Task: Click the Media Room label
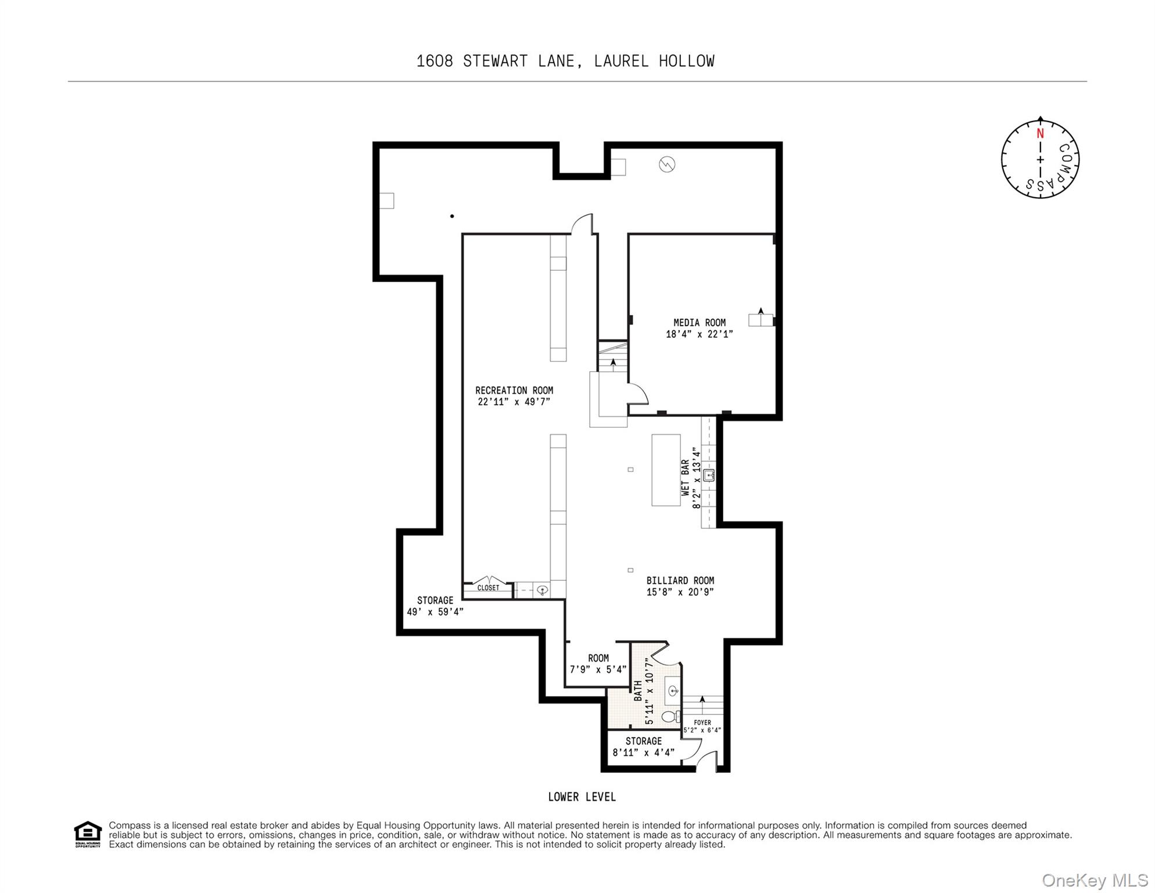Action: [x=699, y=323]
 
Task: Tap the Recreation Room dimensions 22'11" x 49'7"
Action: [x=514, y=402]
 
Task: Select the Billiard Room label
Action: [x=680, y=580]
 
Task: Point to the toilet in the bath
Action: [x=670, y=716]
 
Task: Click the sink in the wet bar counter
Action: [x=708, y=476]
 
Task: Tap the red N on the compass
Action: [x=1040, y=134]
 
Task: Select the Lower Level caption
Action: [x=582, y=797]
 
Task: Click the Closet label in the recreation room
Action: [x=488, y=588]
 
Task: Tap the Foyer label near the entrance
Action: [x=702, y=723]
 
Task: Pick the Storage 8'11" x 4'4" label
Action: [x=643, y=746]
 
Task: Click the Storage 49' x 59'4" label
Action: [x=435, y=606]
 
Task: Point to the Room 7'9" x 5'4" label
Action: [x=598, y=663]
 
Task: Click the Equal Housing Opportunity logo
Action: [x=88, y=834]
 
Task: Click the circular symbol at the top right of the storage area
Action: [x=666, y=165]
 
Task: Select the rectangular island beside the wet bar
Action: [x=665, y=470]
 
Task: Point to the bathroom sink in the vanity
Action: [x=673, y=691]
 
